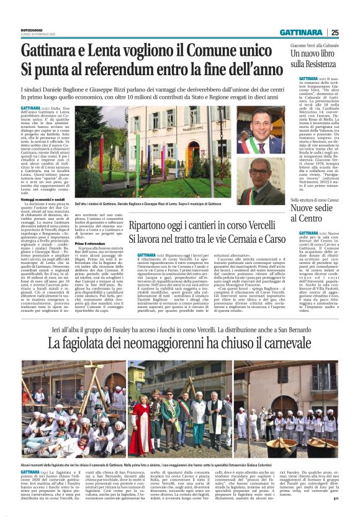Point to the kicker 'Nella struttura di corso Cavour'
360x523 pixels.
317,201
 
